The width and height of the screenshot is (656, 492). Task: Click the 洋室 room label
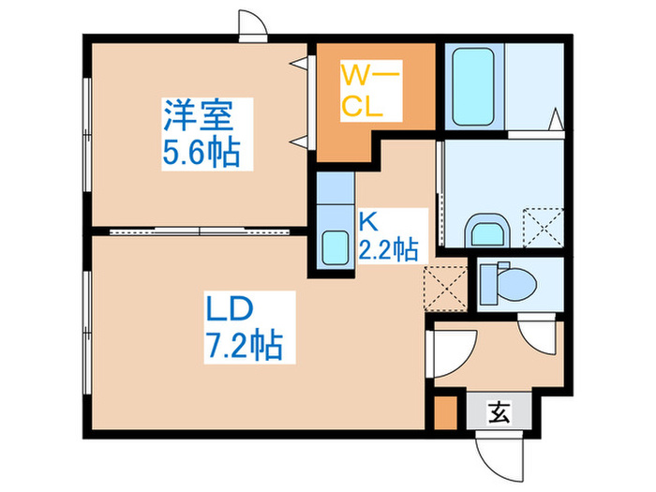[200, 118]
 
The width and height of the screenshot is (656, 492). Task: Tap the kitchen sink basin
[334, 247]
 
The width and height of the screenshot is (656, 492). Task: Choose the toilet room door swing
[538, 333]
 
